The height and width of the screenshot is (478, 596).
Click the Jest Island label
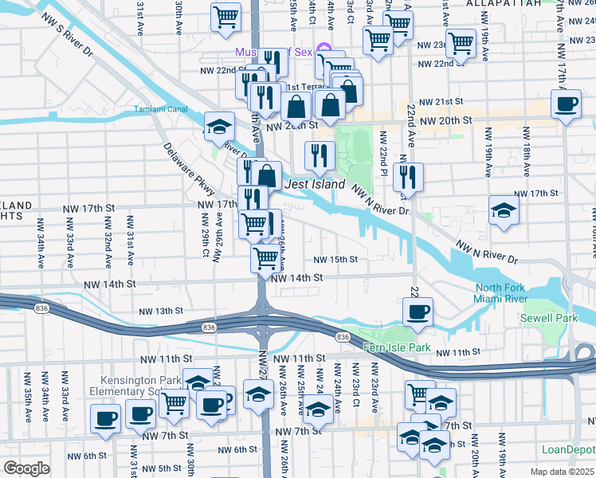[315, 185]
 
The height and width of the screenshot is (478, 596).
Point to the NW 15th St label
[335, 260]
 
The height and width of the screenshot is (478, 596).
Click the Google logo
[26, 469]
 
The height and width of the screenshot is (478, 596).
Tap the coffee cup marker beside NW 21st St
[567, 104]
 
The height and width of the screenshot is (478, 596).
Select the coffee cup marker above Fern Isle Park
[417, 311]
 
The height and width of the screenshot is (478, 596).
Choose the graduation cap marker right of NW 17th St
[504, 210]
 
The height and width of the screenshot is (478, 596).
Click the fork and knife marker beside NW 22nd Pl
[408, 176]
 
